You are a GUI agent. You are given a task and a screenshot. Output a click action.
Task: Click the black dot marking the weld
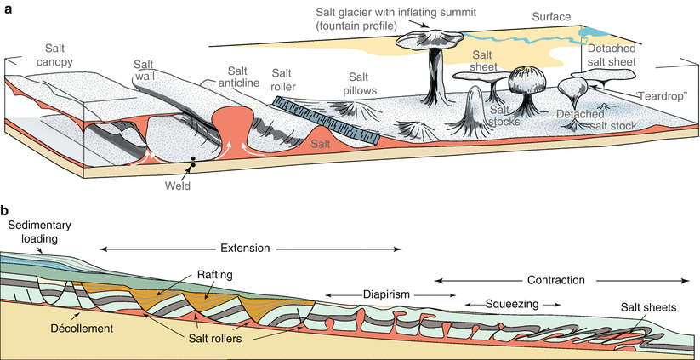coord(194,159)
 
